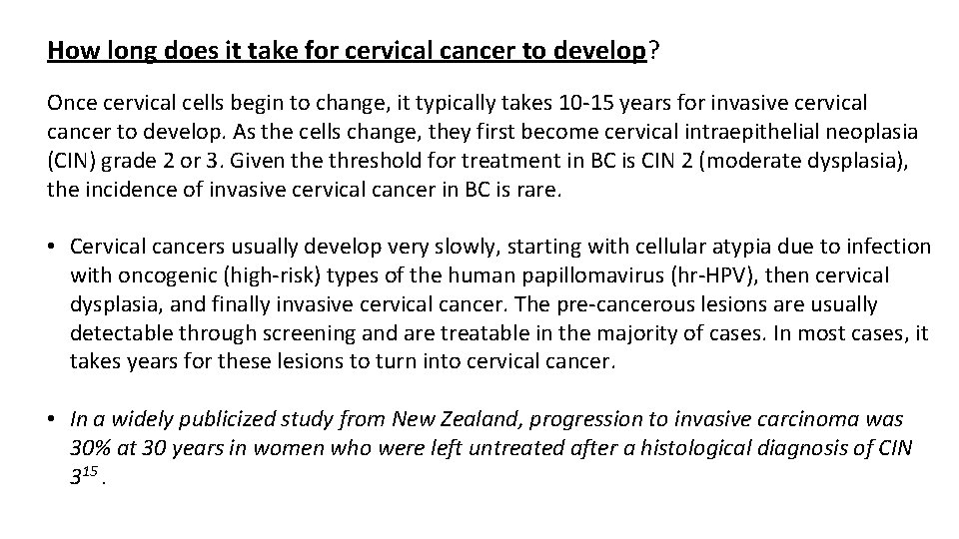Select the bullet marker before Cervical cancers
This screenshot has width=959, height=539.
(x=53, y=247)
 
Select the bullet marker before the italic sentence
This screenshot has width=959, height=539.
(x=53, y=420)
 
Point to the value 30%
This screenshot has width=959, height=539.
(x=91, y=449)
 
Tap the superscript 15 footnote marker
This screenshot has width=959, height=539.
(x=93, y=472)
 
